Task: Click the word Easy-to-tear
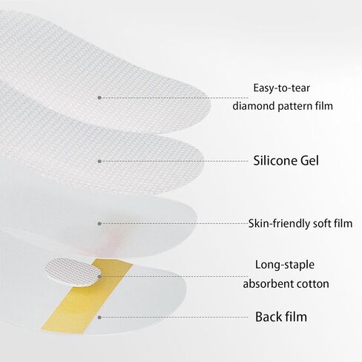pos(281,88)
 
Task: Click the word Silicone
pos(274,160)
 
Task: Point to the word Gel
pos(309,160)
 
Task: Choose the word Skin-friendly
pos(279,223)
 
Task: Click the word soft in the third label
pos(322,223)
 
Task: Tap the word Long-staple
pos(285,265)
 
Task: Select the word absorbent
pos(269,283)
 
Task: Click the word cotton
pos(313,284)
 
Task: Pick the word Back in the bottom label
pos(268,317)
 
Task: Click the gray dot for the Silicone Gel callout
pos(99,162)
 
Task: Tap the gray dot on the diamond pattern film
pos(99,98)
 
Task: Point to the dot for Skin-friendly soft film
pos(99,224)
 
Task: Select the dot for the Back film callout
pos(99,317)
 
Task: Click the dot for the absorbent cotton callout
pos(99,277)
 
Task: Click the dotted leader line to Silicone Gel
pos(174,162)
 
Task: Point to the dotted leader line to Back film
pos(174,317)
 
